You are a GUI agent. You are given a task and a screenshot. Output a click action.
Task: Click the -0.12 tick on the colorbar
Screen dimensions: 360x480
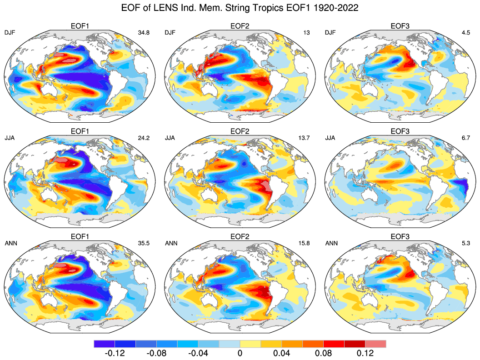[115, 353]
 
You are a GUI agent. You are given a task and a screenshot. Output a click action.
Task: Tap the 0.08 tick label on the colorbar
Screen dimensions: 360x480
[323, 353]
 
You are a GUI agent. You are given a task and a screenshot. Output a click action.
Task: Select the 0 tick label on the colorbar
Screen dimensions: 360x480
[240, 353]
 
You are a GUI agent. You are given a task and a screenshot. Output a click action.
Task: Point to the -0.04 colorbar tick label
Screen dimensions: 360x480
[198, 353]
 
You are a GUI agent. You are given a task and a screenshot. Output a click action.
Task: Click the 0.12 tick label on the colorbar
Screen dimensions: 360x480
[365, 353]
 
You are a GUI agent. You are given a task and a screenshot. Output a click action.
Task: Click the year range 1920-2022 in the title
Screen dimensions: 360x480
[333, 8]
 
